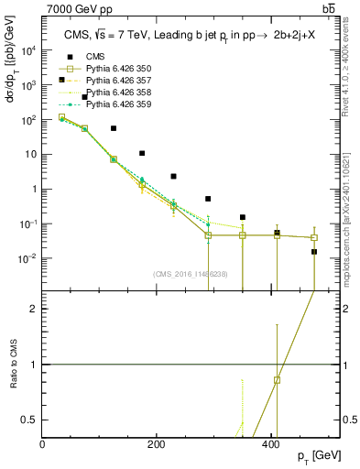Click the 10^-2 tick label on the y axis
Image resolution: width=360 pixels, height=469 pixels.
pyautogui.click(x=27, y=258)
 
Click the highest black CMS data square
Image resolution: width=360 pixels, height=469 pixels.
pyautogui.click(x=85, y=97)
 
